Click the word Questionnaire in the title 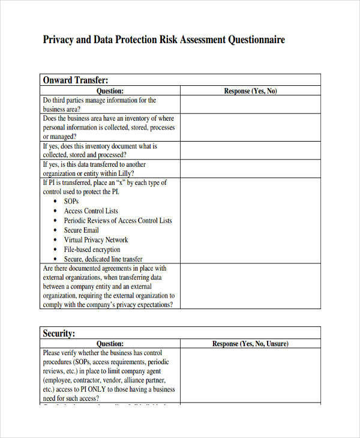(x=256, y=40)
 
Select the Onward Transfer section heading (x=75, y=80)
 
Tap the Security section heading (x=59, y=333)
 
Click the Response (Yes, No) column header (x=250, y=91)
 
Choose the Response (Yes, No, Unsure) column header (x=250, y=344)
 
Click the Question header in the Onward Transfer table (x=110, y=91)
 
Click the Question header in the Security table (x=110, y=344)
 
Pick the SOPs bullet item (x=71, y=202)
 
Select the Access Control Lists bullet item (x=91, y=211)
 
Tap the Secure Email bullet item (x=81, y=230)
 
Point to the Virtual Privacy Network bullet (x=96, y=240)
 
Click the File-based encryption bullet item (x=92, y=250)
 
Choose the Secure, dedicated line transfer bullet (x=103, y=259)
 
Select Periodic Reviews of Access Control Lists (x=118, y=221)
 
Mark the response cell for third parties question (x=250, y=104)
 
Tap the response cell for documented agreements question (x=250, y=286)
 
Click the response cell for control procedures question (x=250, y=376)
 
